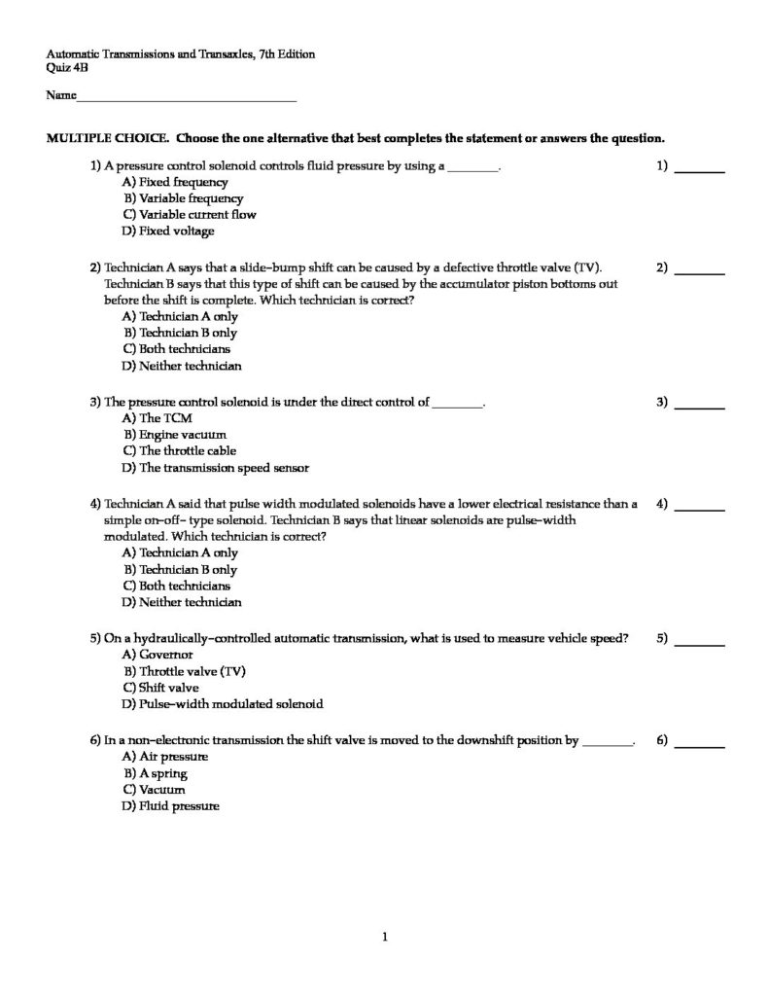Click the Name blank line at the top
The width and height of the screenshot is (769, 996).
click(x=186, y=98)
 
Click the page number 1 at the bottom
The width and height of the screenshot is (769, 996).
click(x=386, y=938)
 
